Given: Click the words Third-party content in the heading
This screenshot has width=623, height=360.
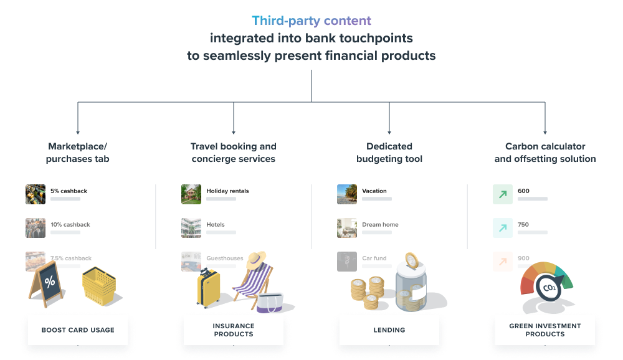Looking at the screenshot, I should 311,21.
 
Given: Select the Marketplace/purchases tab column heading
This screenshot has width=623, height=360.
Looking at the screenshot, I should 78,153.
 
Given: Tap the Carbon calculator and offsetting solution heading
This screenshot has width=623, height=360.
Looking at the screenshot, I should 545,153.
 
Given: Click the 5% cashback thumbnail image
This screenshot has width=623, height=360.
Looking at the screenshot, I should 36,194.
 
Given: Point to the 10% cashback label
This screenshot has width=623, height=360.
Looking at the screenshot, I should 70,224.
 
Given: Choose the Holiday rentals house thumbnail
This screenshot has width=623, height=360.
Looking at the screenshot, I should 191,194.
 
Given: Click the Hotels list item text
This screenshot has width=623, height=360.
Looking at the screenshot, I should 216,224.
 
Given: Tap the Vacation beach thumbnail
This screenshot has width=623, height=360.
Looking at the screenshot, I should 347,194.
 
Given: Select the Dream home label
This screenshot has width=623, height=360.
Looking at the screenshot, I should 380,224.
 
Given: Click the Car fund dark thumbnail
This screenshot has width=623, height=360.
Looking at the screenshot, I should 347,261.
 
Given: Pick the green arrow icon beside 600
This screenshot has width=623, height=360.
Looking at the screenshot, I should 503,194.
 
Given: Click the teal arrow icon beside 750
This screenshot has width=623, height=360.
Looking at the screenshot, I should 503,228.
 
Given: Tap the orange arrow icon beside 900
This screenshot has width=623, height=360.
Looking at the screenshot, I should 503,261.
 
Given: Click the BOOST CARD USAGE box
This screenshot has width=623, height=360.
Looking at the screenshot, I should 78,330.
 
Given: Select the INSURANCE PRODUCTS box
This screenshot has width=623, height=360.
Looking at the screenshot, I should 234,330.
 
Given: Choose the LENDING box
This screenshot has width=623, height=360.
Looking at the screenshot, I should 389,330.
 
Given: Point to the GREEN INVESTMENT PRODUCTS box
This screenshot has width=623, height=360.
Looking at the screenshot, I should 545,330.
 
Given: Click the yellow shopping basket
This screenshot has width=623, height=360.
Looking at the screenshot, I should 99,285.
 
